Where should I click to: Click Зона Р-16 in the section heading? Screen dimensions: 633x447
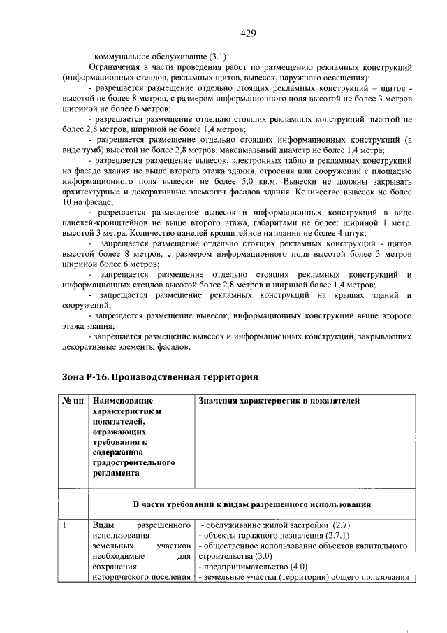coord(87,377)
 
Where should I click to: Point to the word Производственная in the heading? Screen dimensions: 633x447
coord(157,377)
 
